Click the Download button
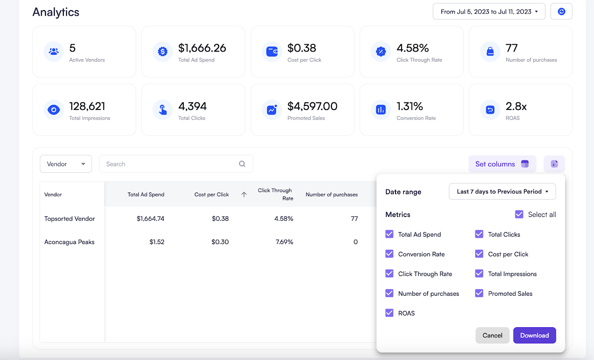pyautogui.click(x=534, y=336)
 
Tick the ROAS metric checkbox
pyautogui.click(x=389, y=313)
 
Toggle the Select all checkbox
pyautogui.click(x=519, y=214)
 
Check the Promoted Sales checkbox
pyautogui.click(x=479, y=294)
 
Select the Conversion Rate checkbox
pyautogui.click(x=389, y=254)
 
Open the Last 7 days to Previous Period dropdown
pyautogui.click(x=502, y=192)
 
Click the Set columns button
pyautogui.click(x=502, y=164)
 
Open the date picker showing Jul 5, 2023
pyautogui.click(x=489, y=12)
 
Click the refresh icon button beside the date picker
pyautogui.click(x=561, y=12)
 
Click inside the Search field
pyautogui.click(x=171, y=164)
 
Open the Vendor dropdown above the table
pyautogui.click(x=66, y=164)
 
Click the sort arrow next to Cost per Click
pyautogui.click(x=244, y=195)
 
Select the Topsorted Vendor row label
pyautogui.click(x=70, y=219)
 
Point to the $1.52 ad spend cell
pyautogui.click(x=156, y=242)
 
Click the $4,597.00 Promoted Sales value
pyautogui.click(x=312, y=106)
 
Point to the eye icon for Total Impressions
pyautogui.click(x=53, y=110)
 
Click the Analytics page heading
pyautogui.click(x=56, y=12)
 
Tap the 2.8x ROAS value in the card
pyautogui.click(x=516, y=106)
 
